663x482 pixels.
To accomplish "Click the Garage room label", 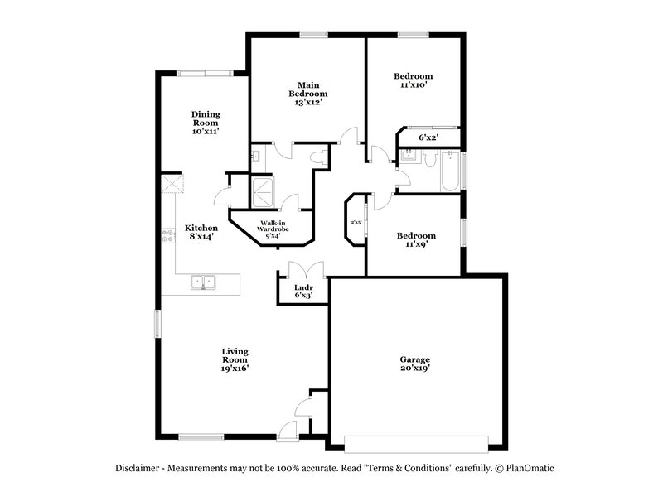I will click(x=415, y=364).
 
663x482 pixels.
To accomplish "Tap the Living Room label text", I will click(x=235, y=360).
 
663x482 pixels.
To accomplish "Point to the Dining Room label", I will click(x=205, y=123).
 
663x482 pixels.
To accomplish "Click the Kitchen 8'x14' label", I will click(x=201, y=232).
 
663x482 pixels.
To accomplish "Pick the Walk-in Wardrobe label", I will click(x=273, y=229).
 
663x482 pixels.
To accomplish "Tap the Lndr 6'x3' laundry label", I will click(x=303, y=291).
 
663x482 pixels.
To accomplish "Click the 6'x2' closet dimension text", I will click(x=428, y=137).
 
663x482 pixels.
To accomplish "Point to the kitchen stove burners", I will click(x=168, y=235).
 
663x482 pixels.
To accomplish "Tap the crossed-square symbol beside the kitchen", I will click(x=172, y=185).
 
